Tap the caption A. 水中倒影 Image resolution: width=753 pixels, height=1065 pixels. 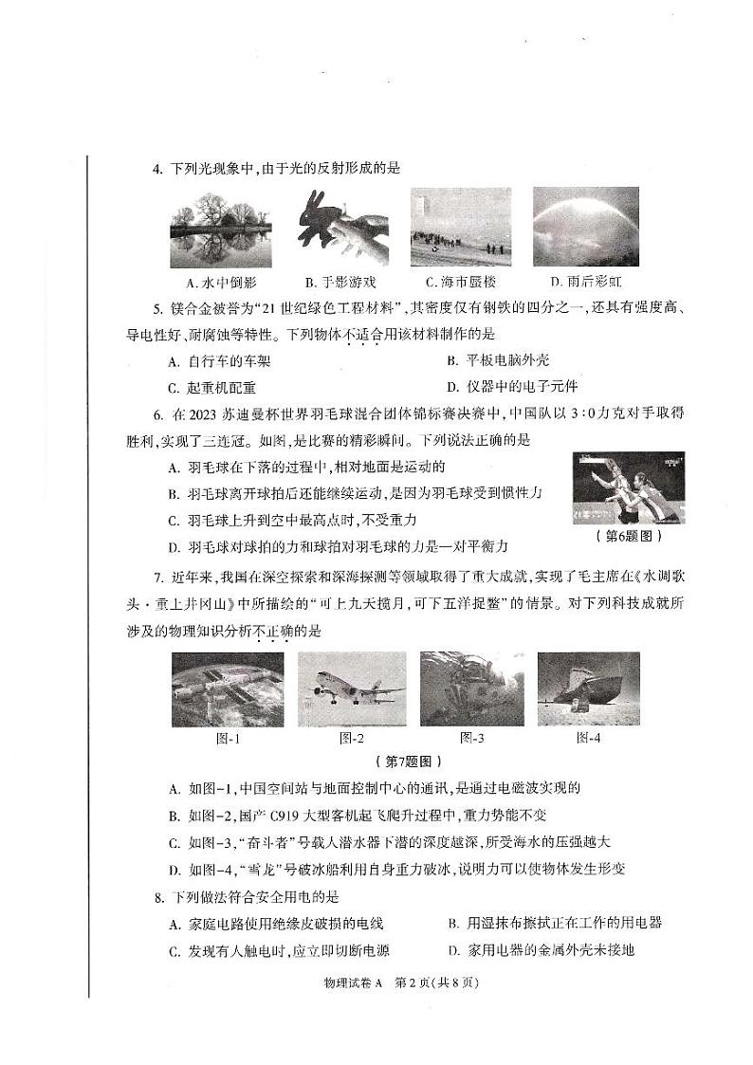[222, 283]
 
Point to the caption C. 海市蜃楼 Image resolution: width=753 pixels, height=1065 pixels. [461, 283]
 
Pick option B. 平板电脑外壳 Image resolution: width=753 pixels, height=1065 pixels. [497, 360]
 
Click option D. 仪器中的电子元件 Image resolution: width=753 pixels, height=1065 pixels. [511, 387]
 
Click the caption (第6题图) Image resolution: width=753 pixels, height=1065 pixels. [628, 536]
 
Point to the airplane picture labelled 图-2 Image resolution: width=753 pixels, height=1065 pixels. [352, 689]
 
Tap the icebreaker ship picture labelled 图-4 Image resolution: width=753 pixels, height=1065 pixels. [588, 689]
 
